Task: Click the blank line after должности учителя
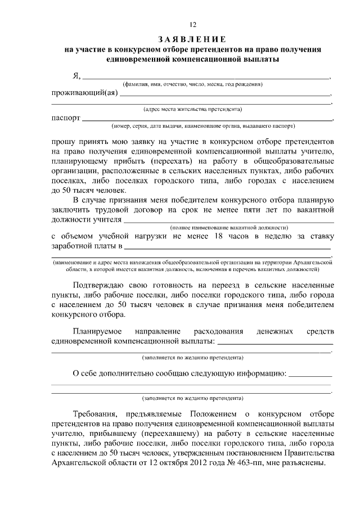click(228, 220)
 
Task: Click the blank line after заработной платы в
click(227, 248)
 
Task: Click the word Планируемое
click(101, 332)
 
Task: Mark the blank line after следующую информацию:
click(309, 374)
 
